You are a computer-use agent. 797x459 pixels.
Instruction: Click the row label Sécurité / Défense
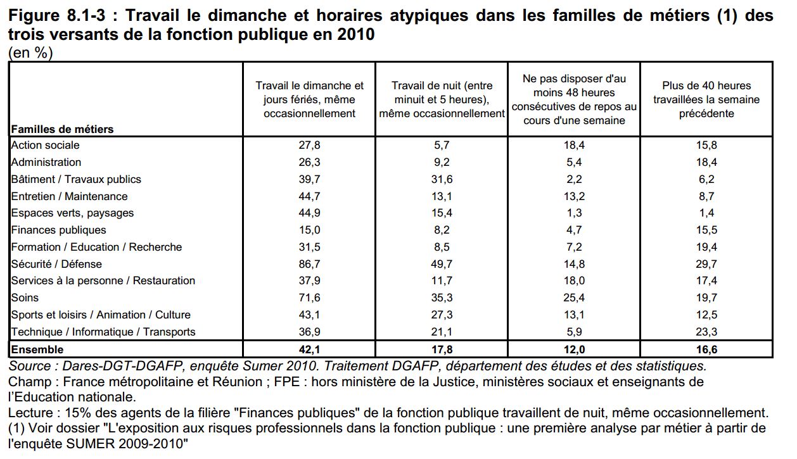[56, 264]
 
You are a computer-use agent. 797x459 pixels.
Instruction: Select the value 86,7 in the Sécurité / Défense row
[309, 264]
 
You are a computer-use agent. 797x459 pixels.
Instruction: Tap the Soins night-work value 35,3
[442, 297]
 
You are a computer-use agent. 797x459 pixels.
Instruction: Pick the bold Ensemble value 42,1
[309, 349]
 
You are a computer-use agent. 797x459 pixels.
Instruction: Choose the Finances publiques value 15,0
[309, 230]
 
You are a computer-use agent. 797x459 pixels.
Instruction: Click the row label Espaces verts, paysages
[72, 213]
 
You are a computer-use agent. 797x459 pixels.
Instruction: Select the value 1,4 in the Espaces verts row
[706, 213]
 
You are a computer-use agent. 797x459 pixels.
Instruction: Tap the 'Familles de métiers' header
[62, 129]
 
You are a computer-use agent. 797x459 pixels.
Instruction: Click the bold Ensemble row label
[37, 349]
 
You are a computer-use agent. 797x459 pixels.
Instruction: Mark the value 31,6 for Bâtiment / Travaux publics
[442, 179]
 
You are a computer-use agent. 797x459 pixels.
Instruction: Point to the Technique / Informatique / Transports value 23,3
[706, 331]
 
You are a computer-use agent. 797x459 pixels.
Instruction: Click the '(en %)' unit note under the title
[30, 53]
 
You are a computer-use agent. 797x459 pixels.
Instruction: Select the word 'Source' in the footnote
[30, 366]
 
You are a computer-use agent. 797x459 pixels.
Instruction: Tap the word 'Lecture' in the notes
[30, 412]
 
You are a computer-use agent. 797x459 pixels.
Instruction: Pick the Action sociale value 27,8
[309, 145]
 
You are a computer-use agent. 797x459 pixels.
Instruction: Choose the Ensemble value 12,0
[574, 349]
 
